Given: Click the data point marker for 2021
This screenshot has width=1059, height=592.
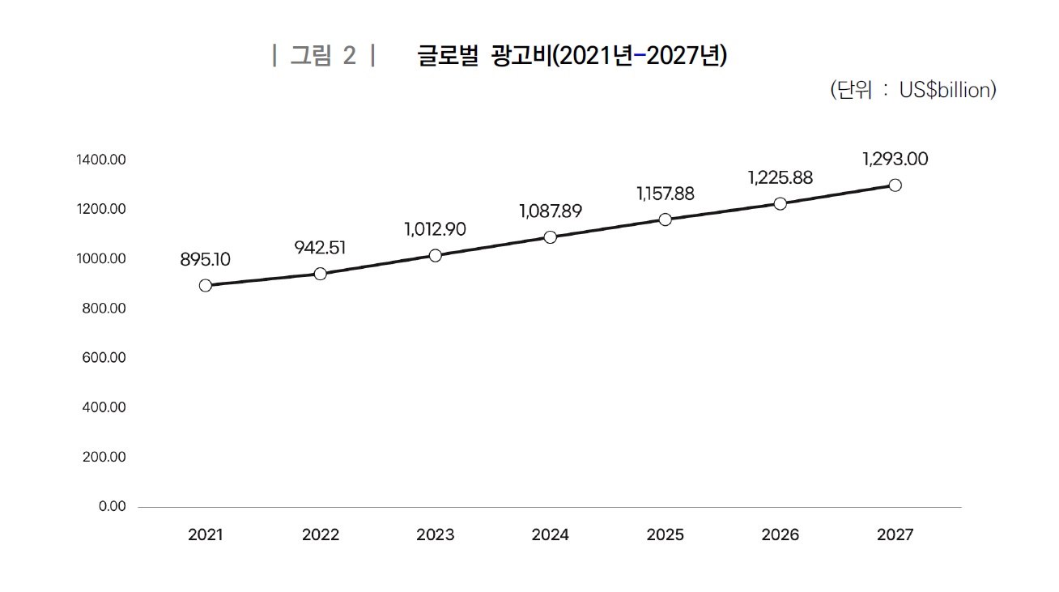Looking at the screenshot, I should (x=206, y=285).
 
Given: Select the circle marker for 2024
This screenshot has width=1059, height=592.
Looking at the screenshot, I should (x=551, y=237).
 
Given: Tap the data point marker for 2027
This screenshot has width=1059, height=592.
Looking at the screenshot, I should (x=895, y=185).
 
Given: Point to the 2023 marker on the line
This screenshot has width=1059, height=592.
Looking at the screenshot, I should (x=436, y=256).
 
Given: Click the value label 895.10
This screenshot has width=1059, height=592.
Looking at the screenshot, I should (x=206, y=260).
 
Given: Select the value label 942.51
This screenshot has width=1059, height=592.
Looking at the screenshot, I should (x=321, y=248).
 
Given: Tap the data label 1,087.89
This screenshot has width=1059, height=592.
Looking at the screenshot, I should (x=551, y=212).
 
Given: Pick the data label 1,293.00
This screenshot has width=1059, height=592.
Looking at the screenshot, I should (x=895, y=160).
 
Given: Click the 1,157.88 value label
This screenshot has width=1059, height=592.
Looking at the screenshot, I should (x=666, y=194).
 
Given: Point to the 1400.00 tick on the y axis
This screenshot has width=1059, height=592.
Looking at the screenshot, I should (x=101, y=160).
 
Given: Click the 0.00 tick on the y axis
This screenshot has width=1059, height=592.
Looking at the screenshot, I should (x=113, y=507).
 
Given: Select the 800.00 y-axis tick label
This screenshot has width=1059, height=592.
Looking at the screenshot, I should (x=104, y=309).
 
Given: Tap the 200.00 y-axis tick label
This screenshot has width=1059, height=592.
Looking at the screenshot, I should (x=104, y=458).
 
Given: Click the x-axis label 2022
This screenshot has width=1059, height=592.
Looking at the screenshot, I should (x=321, y=535).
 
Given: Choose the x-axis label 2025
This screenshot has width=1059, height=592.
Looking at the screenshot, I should (x=666, y=535).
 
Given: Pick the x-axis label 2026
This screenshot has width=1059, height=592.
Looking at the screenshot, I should (x=780, y=535).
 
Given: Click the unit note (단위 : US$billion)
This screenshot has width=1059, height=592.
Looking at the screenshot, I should (x=913, y=90).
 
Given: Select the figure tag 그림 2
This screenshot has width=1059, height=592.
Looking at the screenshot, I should (x=323, y=57).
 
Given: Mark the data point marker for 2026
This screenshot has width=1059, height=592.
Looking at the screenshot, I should (x=780, y=203).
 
